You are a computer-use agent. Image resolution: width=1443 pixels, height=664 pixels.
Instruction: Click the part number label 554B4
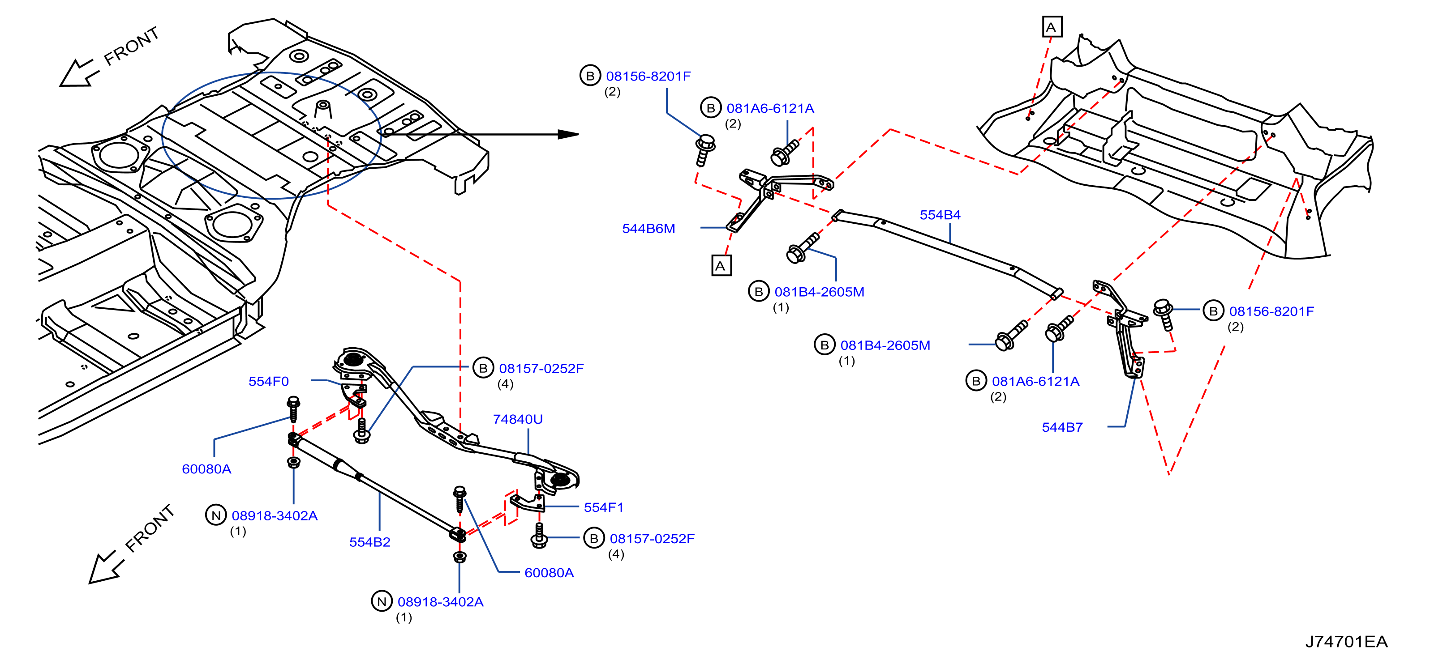940,215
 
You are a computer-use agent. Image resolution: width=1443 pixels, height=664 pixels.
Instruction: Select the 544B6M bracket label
648,229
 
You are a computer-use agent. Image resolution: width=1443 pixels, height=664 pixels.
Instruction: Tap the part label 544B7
1062,427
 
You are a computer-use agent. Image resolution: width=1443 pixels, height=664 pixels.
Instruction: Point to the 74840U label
518,419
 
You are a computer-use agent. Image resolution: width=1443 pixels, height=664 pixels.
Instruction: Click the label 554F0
268,381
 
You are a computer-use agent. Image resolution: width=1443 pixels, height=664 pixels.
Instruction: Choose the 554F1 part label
603,507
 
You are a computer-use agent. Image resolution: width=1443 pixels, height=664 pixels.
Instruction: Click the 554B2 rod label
370,542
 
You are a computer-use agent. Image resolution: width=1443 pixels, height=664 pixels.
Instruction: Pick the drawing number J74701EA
1346,642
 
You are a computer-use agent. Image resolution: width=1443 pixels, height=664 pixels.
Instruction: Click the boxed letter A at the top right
1052,27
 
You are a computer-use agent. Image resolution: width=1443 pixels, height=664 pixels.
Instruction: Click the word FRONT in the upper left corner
132,47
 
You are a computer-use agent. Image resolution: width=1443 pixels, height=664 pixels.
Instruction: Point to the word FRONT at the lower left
150,528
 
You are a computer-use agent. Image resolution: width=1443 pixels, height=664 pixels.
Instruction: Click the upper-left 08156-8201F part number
648,76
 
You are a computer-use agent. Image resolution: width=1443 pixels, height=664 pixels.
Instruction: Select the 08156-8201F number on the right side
1271,311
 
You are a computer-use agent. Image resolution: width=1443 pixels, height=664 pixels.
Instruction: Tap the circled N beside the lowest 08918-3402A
382,601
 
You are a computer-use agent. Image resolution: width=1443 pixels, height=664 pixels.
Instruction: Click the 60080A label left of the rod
206,469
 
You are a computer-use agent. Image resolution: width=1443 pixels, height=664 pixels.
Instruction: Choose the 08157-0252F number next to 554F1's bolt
652,539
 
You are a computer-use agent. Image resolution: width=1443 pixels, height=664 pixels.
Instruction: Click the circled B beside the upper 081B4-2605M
759,291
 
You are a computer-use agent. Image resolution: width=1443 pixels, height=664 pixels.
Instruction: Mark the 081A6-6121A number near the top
770,109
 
